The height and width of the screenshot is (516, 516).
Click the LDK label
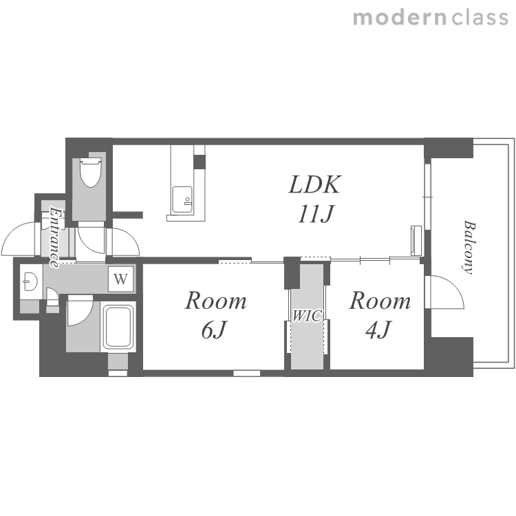coord(315,184)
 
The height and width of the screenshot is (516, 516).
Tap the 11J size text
coord(316,214)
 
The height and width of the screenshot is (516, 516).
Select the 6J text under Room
coord(214,330)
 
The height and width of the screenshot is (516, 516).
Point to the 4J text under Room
coord(378,330)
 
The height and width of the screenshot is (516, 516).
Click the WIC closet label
coord(307,316)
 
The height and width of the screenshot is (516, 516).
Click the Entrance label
coord(54,237)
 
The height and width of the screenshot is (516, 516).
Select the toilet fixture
coord(91,172)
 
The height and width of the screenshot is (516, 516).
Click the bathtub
coord(119,326)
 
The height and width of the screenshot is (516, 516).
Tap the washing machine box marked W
coord(121,279)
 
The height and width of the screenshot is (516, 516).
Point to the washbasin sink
coord(30,281)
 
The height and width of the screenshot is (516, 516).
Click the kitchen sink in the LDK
coord(182,200)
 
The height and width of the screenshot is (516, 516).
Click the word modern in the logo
coord(400,17)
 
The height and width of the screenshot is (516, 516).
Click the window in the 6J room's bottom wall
coord(247,373)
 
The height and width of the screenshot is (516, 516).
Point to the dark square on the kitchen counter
coord(199,161)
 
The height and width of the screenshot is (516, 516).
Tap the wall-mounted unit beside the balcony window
coord(416,240)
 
